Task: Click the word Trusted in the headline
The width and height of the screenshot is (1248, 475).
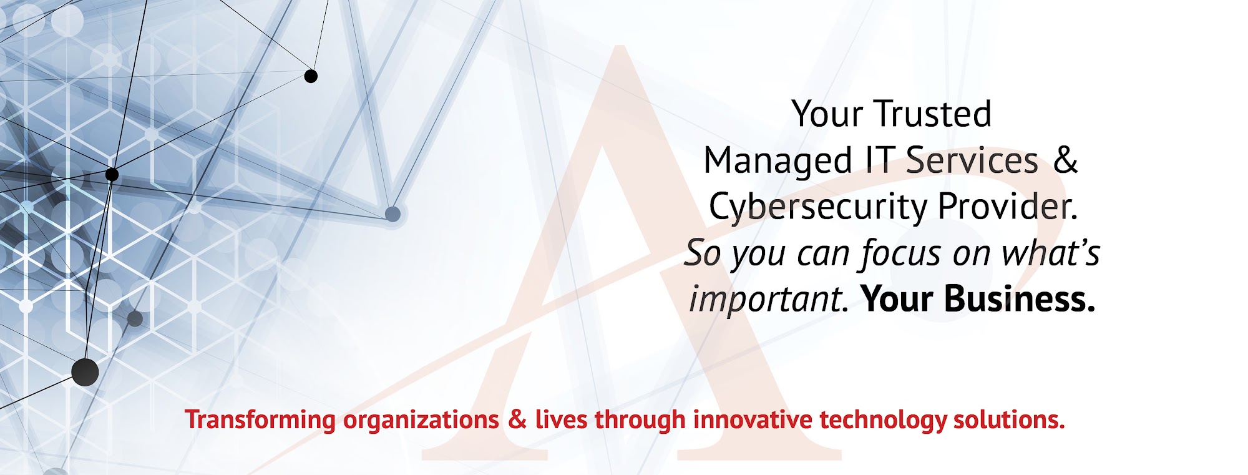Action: click(x=933, y=114)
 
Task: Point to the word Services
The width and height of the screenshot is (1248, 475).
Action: click(x=972, y=160)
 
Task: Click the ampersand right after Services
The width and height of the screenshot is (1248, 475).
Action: click(x=1066, y=160)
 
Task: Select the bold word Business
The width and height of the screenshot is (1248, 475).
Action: click(x=1020, y=299)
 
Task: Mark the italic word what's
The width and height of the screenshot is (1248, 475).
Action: click(x=1051, y=253)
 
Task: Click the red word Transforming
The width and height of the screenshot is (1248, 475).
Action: click(x=260, y=421)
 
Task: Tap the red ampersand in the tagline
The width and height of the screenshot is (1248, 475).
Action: click(x=517, y=419)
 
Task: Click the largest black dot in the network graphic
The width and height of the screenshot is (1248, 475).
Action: click(x=85, y=373)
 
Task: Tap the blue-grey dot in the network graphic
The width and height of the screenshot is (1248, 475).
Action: click(x=392, y=214)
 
